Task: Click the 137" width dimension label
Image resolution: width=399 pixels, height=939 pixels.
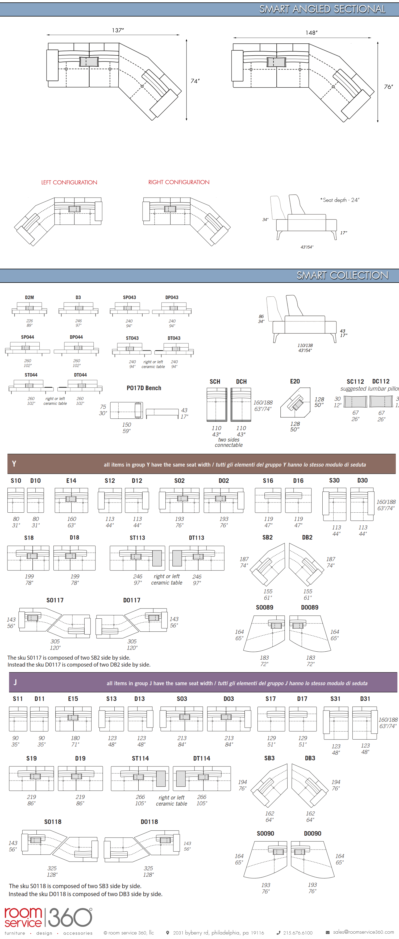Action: click(118, 30)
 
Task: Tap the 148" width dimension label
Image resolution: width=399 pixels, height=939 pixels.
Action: click(311, 33)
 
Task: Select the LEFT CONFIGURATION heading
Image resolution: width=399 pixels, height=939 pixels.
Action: click(69, 182)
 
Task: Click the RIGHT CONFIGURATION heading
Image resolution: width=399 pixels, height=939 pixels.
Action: click(179, 182)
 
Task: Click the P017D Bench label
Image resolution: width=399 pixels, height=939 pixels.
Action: click(144, 388)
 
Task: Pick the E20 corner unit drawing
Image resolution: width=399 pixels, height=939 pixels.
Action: click(295, 402)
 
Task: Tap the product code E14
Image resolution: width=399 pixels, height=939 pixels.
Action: click(71, 480)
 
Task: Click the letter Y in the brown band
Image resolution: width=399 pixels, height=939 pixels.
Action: click(14, 464)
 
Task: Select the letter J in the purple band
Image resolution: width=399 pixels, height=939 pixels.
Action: click(15, 682)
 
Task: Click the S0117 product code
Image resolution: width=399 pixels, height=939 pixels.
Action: click(55, 600)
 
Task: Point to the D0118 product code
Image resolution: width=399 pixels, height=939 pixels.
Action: click(149, 822)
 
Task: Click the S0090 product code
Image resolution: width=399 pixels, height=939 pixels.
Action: click(265, 833)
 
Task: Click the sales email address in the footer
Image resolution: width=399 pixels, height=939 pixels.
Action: click(363, 932)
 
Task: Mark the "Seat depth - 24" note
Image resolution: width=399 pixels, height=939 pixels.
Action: click(340, 200)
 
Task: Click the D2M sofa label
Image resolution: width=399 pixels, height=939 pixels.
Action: click(30, 297)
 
